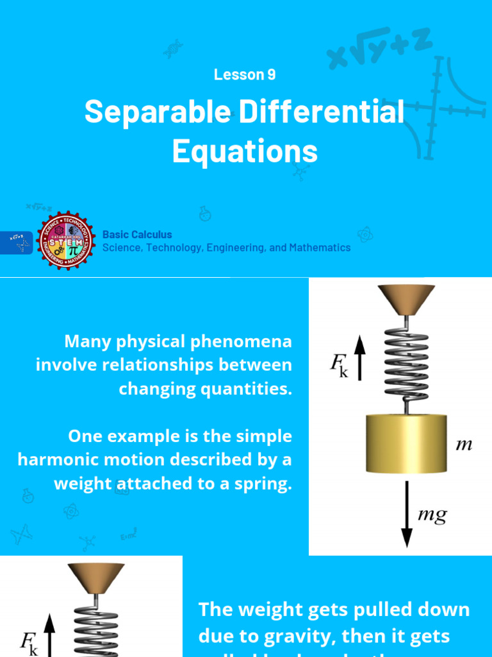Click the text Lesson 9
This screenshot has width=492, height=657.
click(245, 74)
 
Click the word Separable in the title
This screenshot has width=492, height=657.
click(157, 112)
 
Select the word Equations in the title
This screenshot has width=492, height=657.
click(245, 151)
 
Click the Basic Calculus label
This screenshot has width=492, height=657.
click(137, 235)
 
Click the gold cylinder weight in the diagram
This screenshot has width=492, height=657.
click(406, 443)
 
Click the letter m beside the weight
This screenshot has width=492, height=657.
click(464, 444)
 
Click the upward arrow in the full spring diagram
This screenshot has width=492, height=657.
click(359, 359)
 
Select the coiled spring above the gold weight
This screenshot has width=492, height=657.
click(406, 366)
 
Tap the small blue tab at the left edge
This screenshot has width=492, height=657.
click(16, 243)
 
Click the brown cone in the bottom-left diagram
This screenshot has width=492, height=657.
click(95, 578)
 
